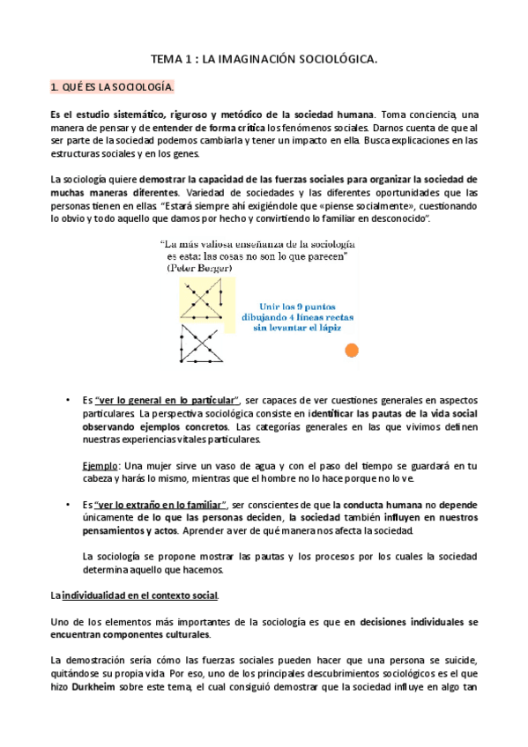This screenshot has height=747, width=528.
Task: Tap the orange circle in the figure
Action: [x=352, y=351]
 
